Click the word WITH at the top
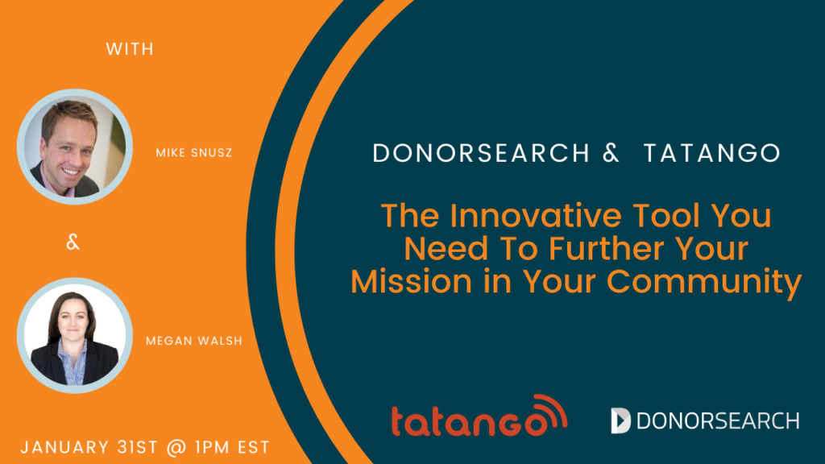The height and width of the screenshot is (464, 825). coord(130,49)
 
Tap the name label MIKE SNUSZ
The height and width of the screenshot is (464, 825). coord(194,152)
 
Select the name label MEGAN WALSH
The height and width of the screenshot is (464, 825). coord(194,341)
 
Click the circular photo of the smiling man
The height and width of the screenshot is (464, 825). coord(75,147)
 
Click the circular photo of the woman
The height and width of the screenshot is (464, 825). coord(75,336)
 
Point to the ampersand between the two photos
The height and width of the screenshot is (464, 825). coord(73,242)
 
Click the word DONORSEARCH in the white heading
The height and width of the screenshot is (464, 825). coord(482,153)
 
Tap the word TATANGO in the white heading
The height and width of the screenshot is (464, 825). coord(712,153)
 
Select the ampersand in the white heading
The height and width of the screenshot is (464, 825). coord(611,153)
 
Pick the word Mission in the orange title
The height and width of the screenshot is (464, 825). coord(412,281)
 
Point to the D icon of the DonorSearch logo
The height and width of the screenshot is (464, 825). coord(620,420)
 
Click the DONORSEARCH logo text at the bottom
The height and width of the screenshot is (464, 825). coord(718,420)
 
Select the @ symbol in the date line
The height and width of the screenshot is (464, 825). coord(176,448)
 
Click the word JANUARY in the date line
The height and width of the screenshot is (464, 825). coord(64,448)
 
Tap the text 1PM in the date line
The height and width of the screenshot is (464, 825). coord(213,448)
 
